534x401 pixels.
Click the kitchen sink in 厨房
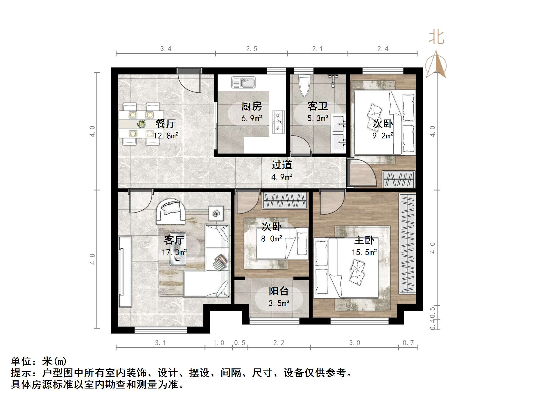243,82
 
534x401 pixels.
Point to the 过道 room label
282,165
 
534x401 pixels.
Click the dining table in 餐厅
141,124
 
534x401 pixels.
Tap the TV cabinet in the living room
125,272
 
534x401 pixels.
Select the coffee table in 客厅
178,249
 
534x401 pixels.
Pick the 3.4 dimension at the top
166,49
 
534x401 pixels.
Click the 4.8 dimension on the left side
92,259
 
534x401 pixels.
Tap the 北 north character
436,38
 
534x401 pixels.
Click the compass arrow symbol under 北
436,65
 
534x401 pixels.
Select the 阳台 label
279,291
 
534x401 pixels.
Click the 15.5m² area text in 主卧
364,252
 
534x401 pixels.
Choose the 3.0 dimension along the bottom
354,343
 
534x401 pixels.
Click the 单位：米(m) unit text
39,361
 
